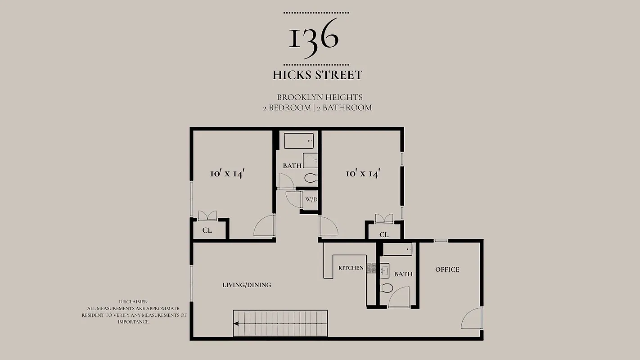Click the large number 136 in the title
[313, 38]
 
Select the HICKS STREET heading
[317, 75]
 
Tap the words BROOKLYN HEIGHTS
[320, 97]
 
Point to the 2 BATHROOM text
[344, 108]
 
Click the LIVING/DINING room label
[247, 285]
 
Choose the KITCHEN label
[351, 268]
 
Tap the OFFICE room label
[447, 270]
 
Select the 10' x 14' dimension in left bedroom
[227, 174]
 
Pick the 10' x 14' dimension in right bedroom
[363, 174]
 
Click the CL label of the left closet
[207, 230]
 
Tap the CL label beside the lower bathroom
[384, 234]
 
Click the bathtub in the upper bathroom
[298, 141]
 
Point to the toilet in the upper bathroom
[311, 179]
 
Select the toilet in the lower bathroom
[386, 288]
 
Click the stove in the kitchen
[371, 268]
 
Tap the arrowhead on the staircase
[236, 323]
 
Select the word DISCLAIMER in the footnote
[133, 301]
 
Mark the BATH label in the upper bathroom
[292, 166]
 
